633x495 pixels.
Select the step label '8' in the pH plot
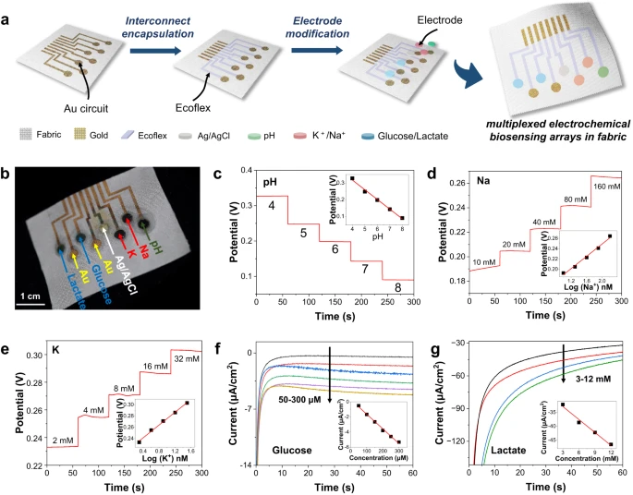[x=396, y=287]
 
